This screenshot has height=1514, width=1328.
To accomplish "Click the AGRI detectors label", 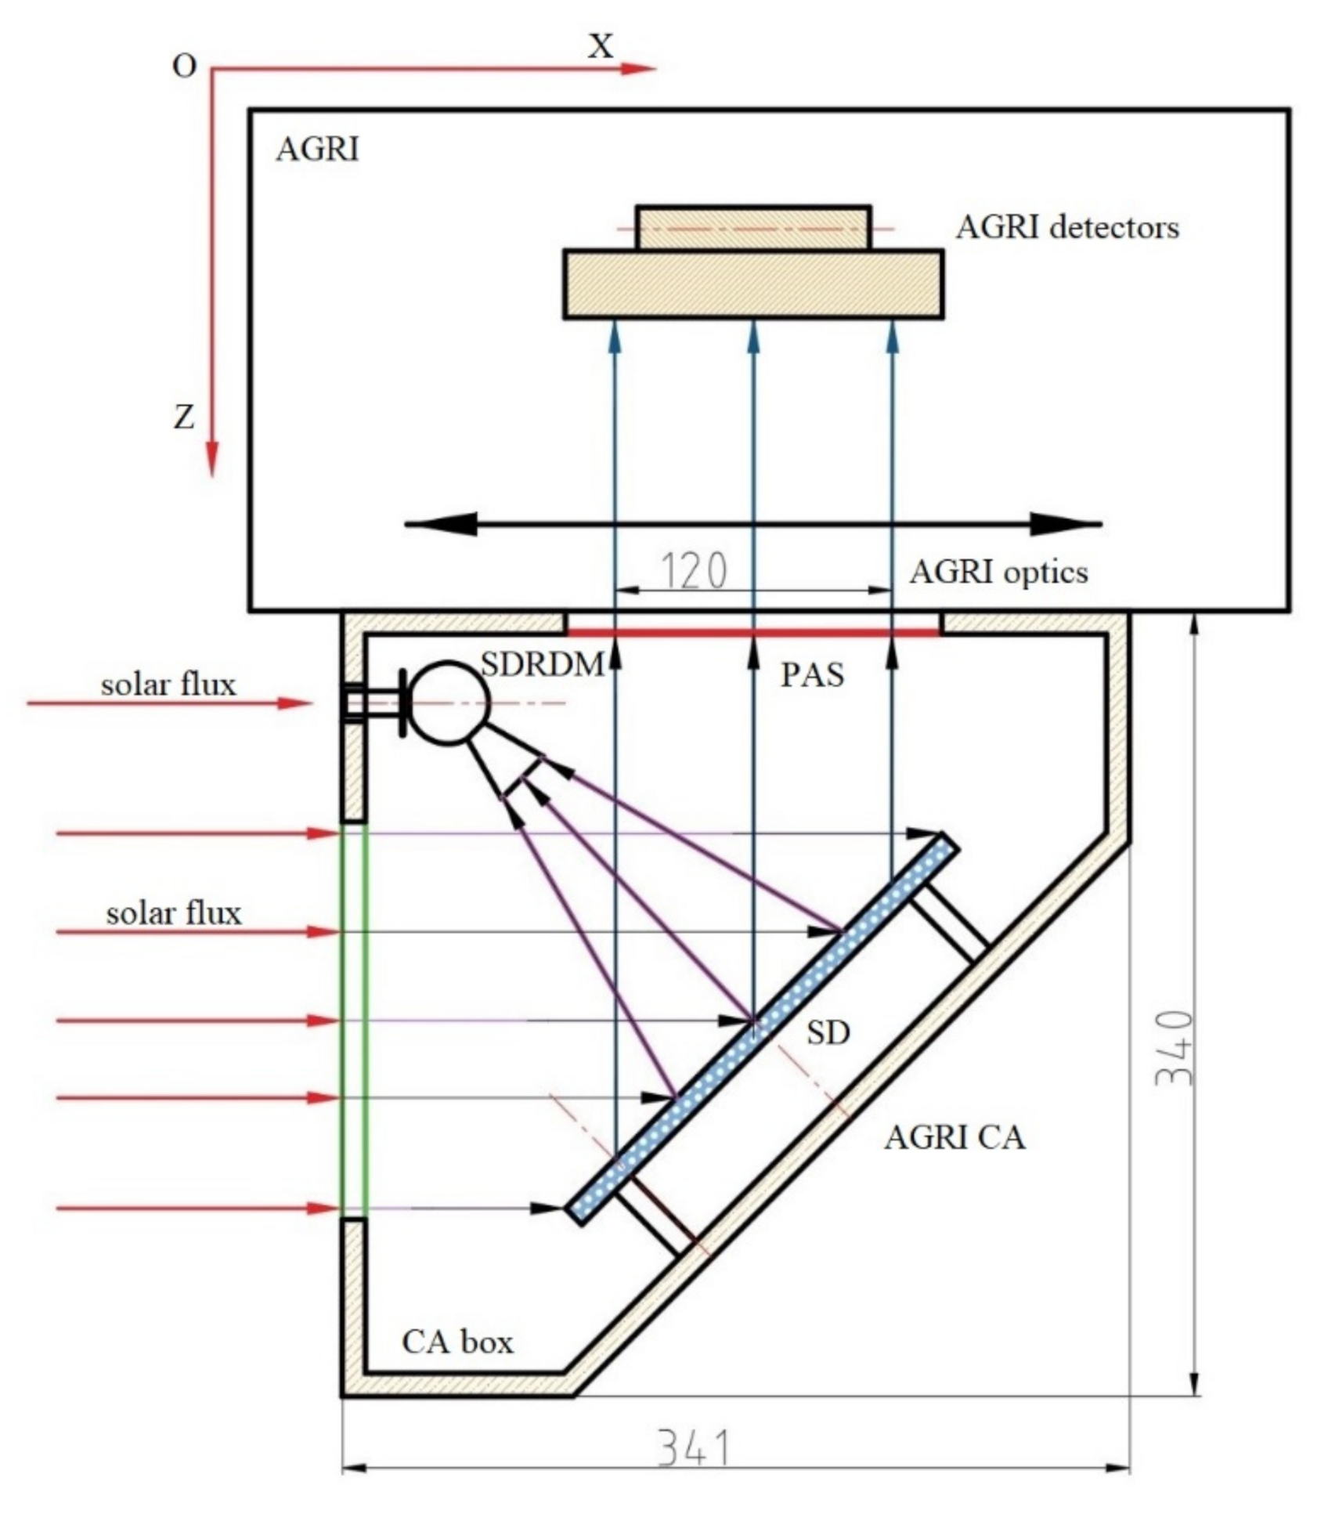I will pos(1067,228).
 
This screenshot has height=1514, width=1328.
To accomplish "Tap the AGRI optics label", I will pos(998,573).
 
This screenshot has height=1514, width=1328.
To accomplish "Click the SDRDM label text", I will pos(542,665).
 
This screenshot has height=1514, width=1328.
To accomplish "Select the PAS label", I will pos(812,675).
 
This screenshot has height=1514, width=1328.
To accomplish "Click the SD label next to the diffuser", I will pos(828,1033).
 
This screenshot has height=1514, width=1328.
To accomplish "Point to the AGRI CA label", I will pos(955,1137).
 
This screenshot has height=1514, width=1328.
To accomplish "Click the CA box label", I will pos(457,1342).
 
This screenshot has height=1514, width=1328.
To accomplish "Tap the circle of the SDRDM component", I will pos(449,703).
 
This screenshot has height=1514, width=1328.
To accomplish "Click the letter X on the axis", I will pos(601,47).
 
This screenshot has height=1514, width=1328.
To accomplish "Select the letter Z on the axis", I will pos(183,417).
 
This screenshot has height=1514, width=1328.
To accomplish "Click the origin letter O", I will pos(184,67).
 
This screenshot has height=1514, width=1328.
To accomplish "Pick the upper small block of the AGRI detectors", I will pos(752,228).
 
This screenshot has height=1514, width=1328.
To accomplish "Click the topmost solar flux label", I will pos(168,685).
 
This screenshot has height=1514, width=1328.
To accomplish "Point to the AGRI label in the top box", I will pos(317,149).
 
